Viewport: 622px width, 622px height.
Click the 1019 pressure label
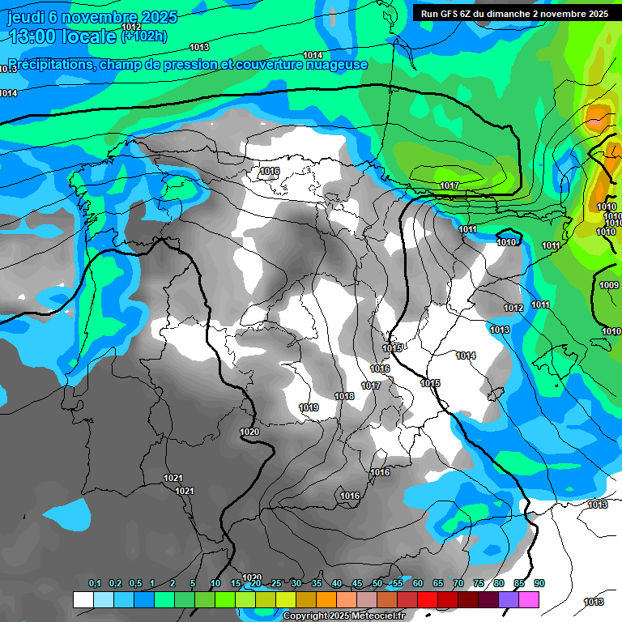pyautogui.click(x=309, y=407)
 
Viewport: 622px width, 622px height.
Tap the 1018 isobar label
pyautogui.click(x=344, y=396)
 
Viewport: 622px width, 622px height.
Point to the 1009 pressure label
pyautogui.click(x=609, y=285)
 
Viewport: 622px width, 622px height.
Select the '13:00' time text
pyautogui.click(x=32, y=36)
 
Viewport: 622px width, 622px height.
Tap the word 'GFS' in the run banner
pyautogui.click(x=446, y=14)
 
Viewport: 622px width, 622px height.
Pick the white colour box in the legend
pyautogui.click(x=83, y=599)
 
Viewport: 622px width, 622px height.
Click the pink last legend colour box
pyautogui.click(x=529, y=599)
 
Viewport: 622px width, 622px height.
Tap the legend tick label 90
pyautogui.click(x=539, y=583)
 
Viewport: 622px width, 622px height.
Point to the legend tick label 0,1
pyautogui.click(x=95, y=583)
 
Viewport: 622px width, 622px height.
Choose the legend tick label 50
pyautogui.click(x=377, y=583)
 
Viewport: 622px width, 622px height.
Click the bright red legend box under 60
pyautogui.click(x=428, y=599)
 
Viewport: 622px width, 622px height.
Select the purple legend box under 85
pyautogui.click(x=509, y=599)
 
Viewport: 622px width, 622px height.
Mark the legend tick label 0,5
pyautogui.click(x=135, y=583)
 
